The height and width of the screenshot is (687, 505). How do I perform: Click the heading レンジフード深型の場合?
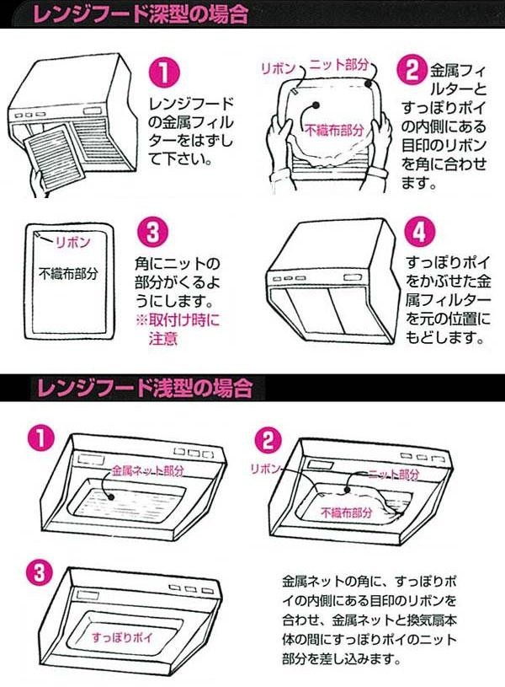[x=141, y=13]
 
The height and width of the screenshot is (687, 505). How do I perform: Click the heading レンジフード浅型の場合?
[x=145, y=387]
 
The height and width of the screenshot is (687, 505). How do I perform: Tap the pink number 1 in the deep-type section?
[x=163, y=72]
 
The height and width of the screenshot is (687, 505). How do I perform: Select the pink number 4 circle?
[x=419, y=231]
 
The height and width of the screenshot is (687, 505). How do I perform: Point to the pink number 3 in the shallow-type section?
[x=40, y=573]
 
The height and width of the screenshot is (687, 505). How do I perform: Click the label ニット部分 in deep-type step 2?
[x=338, y=64]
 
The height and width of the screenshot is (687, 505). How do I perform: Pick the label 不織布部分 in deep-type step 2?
[x=334, y=130]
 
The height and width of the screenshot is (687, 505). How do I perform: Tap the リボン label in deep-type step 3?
[x=73, y=242]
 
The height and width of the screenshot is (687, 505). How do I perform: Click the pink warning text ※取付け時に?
[x=178, y=319]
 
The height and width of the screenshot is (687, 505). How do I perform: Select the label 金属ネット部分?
[x=147, y=471]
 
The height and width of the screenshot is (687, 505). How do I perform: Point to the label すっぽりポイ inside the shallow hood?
[x=122, y=637]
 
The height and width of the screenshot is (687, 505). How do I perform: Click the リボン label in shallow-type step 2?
[x=265, y=469]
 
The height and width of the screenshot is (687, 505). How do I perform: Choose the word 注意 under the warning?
[x=162, y=338]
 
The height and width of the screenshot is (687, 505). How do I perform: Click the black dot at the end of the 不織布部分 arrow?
[x=315, y=106]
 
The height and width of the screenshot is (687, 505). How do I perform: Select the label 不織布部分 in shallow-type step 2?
[x=346, y=512]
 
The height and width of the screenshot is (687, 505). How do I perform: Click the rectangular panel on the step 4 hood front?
[x=353, y=277]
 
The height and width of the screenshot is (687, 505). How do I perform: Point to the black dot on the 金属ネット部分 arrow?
[x=111, y=496]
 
